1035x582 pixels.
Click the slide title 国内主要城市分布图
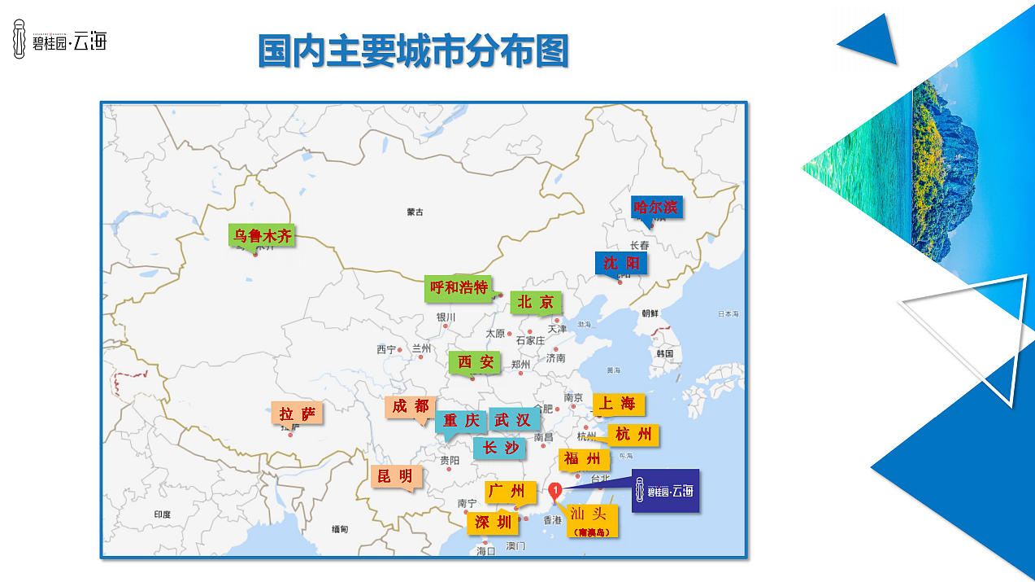point(412,50)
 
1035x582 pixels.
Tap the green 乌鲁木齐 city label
point(262,236)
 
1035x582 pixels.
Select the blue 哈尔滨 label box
point(656,207)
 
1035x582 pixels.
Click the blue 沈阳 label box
point(621,263)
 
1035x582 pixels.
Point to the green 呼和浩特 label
point(459,287)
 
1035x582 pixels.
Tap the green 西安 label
point(475,362)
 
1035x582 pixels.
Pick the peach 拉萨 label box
point(297,414)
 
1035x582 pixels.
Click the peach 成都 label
point(410,406)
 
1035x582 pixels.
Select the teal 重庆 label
point(461,421)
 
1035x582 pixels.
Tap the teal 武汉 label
point(512,420)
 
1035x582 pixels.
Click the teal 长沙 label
point(500,448)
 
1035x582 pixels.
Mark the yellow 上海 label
point(618,404)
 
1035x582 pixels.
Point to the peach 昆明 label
point(395,476)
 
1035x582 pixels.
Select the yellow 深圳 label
point(493,523)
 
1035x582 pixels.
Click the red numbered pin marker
point(555,490)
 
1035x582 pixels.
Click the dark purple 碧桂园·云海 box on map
point(665,491)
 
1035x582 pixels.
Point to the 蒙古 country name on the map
point(415,212)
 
